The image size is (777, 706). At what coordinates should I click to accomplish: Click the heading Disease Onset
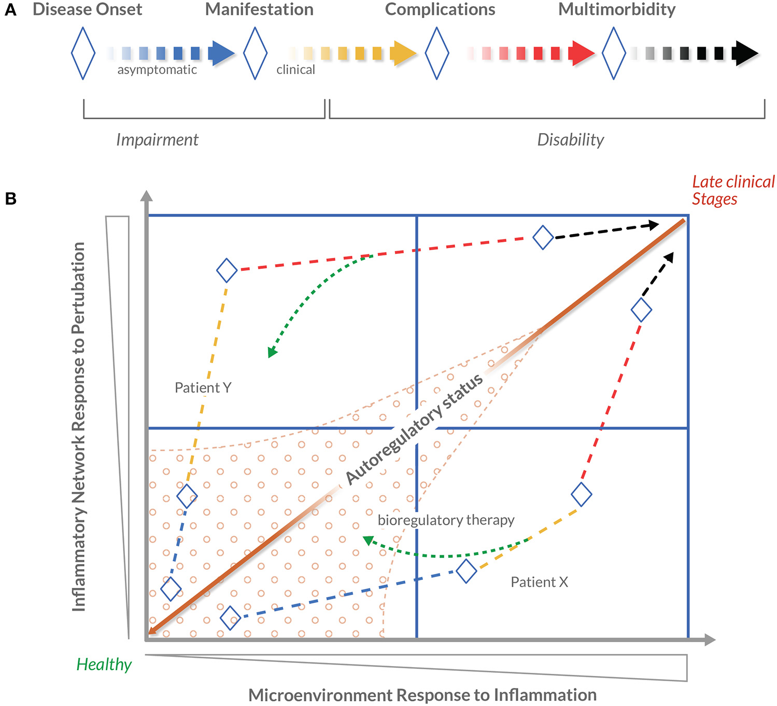click(87, 9)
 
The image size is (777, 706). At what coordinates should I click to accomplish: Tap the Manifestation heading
click(259, 9)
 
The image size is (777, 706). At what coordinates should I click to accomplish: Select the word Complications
click(440, 9)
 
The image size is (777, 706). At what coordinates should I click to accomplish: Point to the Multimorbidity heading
click(617, 9)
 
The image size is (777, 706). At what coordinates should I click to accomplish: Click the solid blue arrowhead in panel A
click(220, 53)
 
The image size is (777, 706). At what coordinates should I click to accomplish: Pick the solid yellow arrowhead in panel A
click(402, 53)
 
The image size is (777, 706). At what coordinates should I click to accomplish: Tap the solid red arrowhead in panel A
click(581, 53)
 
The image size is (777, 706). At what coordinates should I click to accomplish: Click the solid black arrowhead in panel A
click(744, 53)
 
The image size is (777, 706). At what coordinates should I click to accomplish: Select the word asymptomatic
click(157, 70)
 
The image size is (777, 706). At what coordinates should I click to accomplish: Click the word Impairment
click(157, 140)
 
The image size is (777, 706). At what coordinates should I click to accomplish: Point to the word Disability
click(570, 140)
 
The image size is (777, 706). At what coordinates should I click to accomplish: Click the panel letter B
click(10, 198)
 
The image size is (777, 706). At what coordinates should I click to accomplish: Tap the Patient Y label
click(203, 387)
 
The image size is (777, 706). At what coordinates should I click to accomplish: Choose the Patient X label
click(539, 582)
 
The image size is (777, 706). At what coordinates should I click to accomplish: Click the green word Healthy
click(104, 664)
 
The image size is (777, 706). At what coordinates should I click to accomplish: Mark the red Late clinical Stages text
click(733, 190)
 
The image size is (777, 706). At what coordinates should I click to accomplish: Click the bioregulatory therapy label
click(446, 520)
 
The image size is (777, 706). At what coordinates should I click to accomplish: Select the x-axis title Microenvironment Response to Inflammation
click(422, 695)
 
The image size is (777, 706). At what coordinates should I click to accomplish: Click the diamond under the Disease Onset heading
click(83, 53)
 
